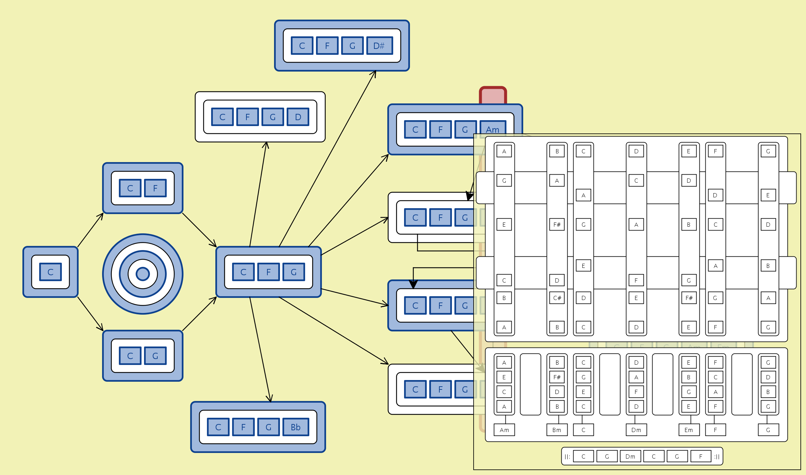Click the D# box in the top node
point(379,46)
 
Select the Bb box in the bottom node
point(295,427)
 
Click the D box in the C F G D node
point(298,117)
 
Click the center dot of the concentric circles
point(143,274)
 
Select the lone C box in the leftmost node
point(50,272)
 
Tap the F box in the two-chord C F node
point(155,188)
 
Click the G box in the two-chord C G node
point(155,356)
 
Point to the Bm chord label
point(557,430)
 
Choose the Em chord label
point(689,430)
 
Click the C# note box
point(557,298)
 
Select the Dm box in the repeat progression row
point(630,456)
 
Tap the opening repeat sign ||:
point(567,456)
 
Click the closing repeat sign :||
point(717,456)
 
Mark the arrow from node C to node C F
point(90,230)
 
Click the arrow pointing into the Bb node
point(260,349)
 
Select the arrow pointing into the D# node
point(328,159)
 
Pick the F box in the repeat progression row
point(700,456)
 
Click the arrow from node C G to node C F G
point(199,314)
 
